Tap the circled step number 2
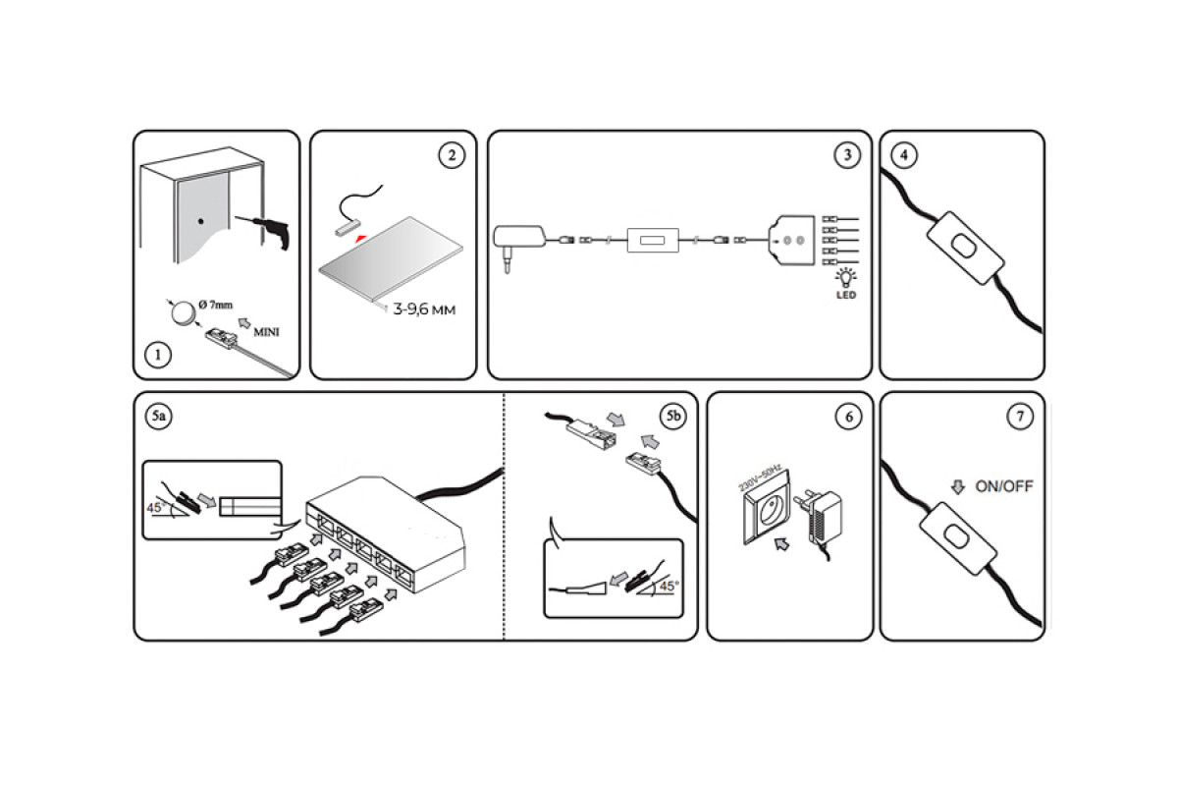point(451,155)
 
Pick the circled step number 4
point(903,154)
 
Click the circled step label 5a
point(158,417)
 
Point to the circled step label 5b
point(672,417)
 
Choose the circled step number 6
point(847,417)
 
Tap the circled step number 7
point(1020,417)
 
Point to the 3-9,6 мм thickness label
point(424,310)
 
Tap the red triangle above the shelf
point(362,239)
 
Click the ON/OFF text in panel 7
point(1003,486)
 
